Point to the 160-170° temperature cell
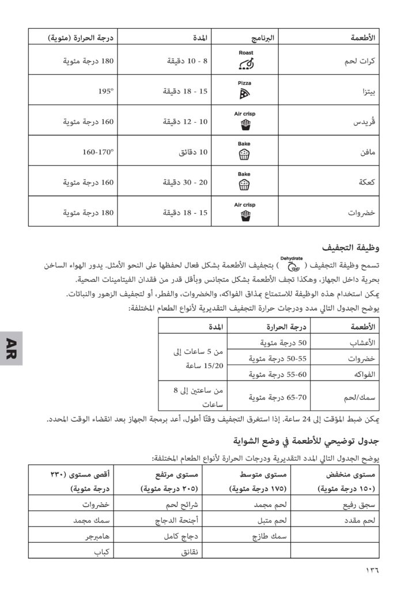point(98,153)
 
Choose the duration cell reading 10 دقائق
point(190,153)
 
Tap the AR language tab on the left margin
point(11,348)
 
